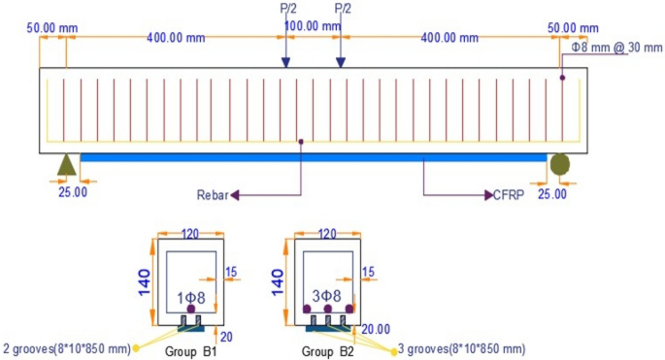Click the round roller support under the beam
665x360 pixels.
click(x=561, y=164)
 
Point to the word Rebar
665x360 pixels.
click(x=212, y=196)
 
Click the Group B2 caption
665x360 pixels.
click(x=326, y=350)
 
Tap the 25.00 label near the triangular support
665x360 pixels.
click(x=73, y=192)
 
